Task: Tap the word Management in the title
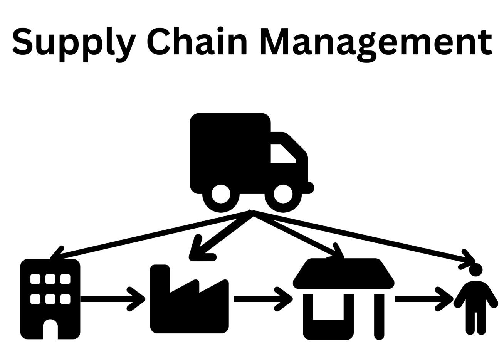pos(376,42)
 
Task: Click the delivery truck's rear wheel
pos(221,194)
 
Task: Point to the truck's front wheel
pos(283,194)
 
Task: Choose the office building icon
pos(50,299)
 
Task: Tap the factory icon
pos(189,304)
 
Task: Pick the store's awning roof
pos(343,274)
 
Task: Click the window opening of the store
pos(328,306)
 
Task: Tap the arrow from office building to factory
pos(112,299)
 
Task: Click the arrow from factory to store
pos(262,299)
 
